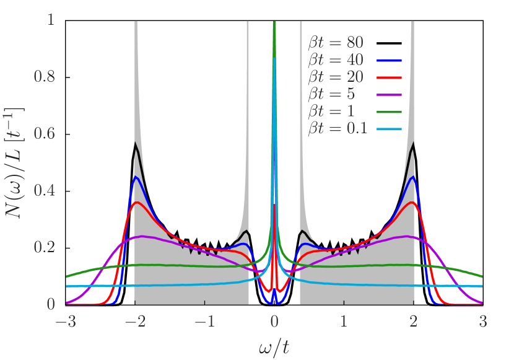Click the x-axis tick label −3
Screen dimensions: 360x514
[63, 323]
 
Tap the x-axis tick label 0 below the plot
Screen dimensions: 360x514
[274, 323]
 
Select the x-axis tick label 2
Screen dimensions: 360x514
[414, 323]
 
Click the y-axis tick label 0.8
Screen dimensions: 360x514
[46, 77]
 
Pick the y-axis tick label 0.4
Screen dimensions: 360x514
[46, 191]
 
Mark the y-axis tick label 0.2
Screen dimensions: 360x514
[46, 248]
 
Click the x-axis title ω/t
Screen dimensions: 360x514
[274, 346]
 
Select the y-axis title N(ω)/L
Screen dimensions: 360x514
[15, 162]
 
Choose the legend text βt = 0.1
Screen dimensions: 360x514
[338, 129]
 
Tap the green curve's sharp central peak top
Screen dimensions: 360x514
[274, 23]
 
